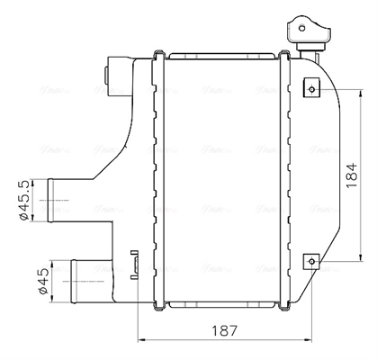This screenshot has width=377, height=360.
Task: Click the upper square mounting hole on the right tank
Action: pyautogui.click(x=310, y=88)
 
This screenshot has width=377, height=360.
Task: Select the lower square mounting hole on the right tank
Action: pyautogui.click(x=310, y=261)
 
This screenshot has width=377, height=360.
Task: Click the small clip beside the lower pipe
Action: pyautogui.click(x=135, y=265)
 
